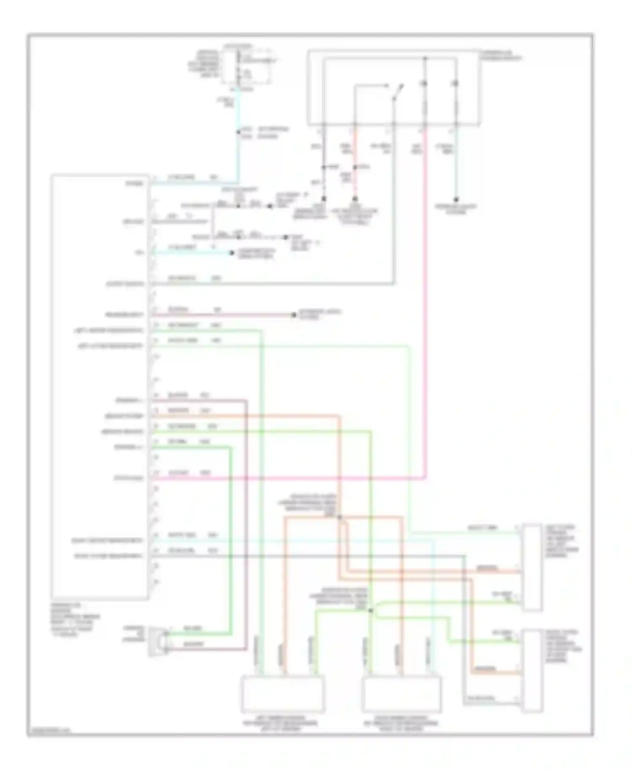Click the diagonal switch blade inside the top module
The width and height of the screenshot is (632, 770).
(398, 92)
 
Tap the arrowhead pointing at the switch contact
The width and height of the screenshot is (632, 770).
(386, 86)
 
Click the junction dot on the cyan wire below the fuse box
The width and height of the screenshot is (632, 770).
(238, 132)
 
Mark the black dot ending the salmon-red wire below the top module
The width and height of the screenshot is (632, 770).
(355, 198)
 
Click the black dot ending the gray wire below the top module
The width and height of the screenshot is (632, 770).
(324, 198)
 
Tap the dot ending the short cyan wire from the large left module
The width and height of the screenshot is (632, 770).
(231, 253)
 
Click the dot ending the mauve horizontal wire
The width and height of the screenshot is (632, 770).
(294, 315)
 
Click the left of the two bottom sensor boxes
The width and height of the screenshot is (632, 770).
(282, 693)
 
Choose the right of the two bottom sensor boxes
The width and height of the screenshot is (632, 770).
(402, 693)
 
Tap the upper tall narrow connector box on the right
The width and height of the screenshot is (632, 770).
(532, 567)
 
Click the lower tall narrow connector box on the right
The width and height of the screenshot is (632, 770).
(532, 671)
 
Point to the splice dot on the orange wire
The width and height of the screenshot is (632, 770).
(340, 517)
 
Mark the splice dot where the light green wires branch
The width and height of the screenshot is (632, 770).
(371, 610)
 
